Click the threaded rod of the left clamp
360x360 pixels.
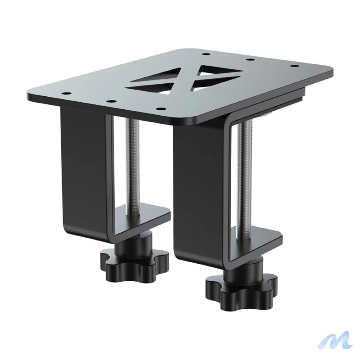pyautogui.click(x=133, y=165)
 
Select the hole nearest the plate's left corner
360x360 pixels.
pyautogui.click(x=65, y=94)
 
